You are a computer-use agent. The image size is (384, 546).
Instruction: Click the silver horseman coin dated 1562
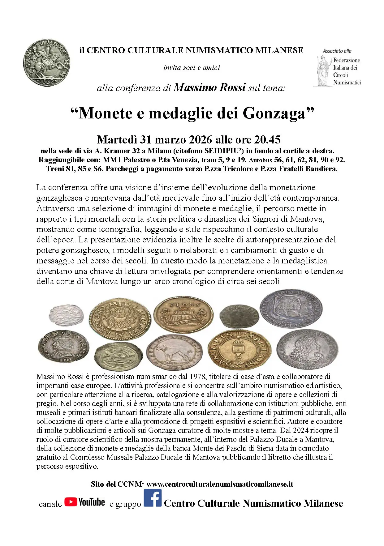click(x=46, y=63)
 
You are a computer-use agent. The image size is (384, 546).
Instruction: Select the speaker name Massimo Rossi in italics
click(x=210, y=88)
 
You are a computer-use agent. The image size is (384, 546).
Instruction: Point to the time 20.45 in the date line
click(x=267, y=140)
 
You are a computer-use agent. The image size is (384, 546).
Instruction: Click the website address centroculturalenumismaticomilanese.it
click(x=220, y=484)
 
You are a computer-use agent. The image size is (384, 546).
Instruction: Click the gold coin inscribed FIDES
click(x=183, y=314)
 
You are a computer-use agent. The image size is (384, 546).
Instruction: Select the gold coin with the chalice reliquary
click(x=239, y=349)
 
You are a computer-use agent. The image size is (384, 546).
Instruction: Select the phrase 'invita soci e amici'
click(x=192, y=68)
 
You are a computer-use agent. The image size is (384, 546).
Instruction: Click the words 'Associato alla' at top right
click(x=337, y=51)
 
